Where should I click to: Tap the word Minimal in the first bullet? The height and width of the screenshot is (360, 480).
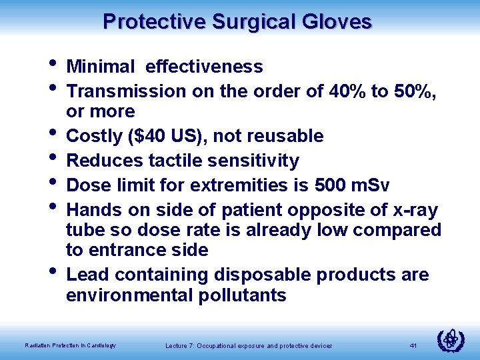point(100,67)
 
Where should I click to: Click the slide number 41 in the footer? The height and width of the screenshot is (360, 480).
point(413,345)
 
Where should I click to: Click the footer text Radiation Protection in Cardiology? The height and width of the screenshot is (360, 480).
point(70,345)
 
